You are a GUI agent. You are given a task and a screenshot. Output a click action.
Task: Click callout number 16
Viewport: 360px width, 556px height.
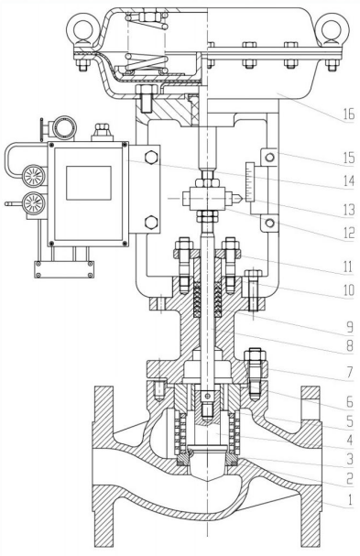tap(348, 114)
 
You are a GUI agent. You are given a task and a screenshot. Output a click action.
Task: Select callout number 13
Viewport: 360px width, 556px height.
tap(349, 210)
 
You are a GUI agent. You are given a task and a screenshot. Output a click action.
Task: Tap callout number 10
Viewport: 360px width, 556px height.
tap(349, 290)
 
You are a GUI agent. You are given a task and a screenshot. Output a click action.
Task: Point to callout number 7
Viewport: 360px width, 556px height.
tap(350, 372)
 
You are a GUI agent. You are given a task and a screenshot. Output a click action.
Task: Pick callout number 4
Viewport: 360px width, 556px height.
tap(350, 440)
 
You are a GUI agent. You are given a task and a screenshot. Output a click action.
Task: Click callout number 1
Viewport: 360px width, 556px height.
tap(350, 499)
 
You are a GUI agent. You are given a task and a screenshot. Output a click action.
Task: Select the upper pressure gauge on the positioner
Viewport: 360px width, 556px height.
tap(34, 175)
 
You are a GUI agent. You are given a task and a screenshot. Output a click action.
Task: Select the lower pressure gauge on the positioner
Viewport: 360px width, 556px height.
tap(34, 202)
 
